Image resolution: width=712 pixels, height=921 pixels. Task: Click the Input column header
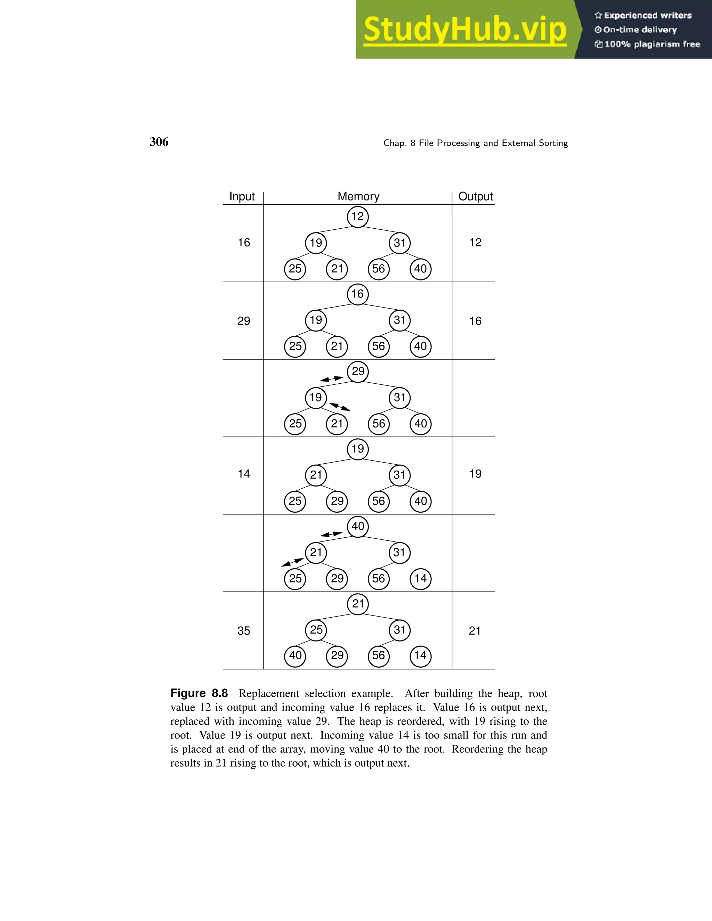tap(242, 196)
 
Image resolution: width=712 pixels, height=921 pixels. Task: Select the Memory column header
tap(358, 196)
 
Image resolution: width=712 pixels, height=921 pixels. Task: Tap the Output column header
tap(475, 196)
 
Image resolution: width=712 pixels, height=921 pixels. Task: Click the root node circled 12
tap(358, 217)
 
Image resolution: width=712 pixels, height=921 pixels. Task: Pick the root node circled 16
tap(358, 294)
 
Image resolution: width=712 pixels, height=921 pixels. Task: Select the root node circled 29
tap(358, 372)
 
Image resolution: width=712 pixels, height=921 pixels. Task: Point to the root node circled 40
tap(358, 526)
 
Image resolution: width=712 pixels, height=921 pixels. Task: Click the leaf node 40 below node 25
tap(295, 655)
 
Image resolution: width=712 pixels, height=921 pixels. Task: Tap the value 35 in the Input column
tap(244, 631)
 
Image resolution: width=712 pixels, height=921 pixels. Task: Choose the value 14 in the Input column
tap(244, 474)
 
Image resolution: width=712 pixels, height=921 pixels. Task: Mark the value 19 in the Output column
tap(475, 474)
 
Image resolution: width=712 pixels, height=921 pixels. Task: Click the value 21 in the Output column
tap(475, 631)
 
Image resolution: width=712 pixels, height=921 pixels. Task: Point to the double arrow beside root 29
tap(332, 379)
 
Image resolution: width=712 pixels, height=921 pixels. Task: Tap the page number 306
tap(159, 142)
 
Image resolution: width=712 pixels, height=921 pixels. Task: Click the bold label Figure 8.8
tap(199, 693)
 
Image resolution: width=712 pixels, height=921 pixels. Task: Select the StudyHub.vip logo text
tap(465, 30)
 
